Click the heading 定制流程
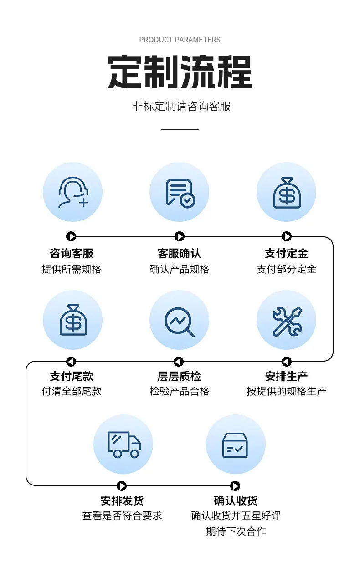point(180,72)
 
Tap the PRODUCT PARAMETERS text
point(180,40)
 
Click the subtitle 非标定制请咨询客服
point(181,106)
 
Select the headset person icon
point(73,192)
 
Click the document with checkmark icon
point(180,193)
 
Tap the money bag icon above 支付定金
point(287,193)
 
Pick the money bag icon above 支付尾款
point(73,320)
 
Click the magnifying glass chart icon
point(179,322)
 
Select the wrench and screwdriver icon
point(287,322)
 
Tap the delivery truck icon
point(124,445)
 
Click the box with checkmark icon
point(235,445)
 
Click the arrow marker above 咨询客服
point(71,236)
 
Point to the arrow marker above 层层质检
point(179,362)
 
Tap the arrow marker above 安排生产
point(287,362)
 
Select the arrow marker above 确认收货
point(235,486)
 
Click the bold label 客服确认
point(179,253)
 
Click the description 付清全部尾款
point(72,391)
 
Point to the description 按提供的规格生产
point(287,391)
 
